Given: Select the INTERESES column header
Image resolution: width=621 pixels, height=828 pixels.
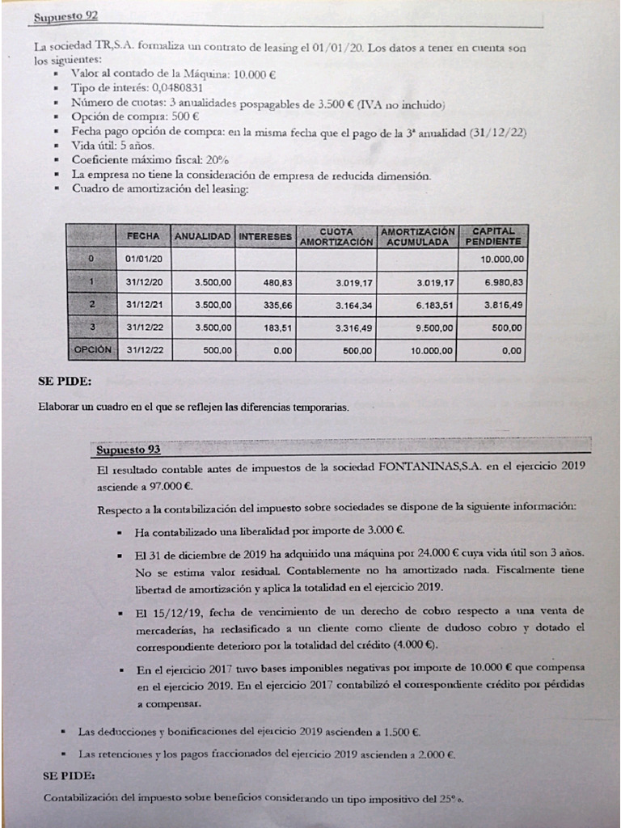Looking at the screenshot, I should point(264,237).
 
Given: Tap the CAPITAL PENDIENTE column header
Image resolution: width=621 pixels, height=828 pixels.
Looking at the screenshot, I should point(492,236).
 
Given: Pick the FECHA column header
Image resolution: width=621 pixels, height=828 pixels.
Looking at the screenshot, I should point(144,237).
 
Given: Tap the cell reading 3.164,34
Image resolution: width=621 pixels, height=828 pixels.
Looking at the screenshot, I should point(352,306).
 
